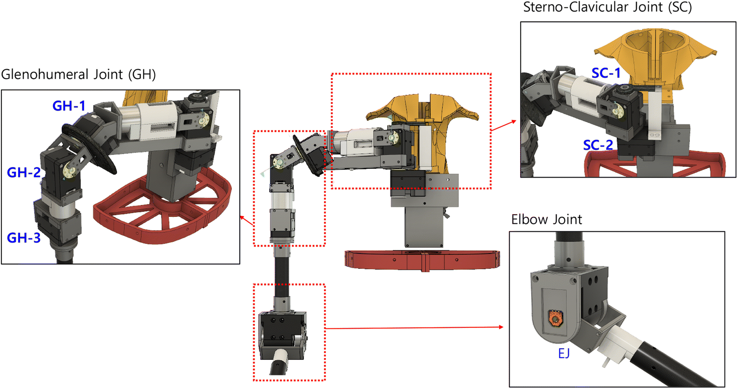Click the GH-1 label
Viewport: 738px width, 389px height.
pos(69,106)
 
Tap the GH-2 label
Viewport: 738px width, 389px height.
pos(24,172)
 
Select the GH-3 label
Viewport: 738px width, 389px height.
pos(24,237)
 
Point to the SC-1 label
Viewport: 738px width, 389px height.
pos(606,73)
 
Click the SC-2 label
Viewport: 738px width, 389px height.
pos(598,145)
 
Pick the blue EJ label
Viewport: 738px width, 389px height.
pos(564,353)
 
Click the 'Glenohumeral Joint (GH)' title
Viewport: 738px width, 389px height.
pos(78,74)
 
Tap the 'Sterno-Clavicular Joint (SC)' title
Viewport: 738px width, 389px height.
pos(608,7)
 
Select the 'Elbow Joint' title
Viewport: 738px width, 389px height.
pos(546,219)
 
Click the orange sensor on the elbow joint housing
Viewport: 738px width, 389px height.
pos(556,319)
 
